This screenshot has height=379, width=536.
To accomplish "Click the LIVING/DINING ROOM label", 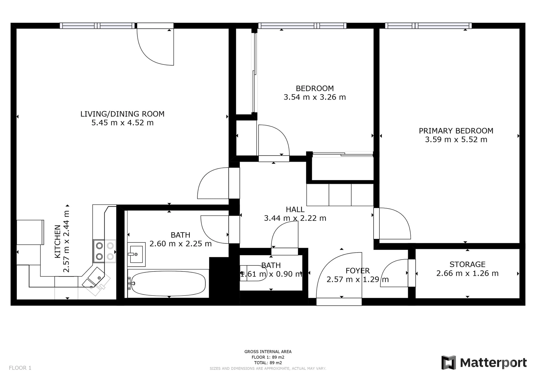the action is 122,114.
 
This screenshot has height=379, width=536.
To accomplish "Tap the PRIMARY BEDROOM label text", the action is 456,131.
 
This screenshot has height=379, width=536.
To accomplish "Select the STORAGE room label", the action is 467,264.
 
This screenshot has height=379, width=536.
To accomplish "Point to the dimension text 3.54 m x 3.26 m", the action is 315,97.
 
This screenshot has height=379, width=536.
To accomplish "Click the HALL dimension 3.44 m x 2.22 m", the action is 295,218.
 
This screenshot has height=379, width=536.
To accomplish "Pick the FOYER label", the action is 358,271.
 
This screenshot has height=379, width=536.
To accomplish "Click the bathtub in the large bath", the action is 168,284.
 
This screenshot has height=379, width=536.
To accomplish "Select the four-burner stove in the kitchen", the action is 104,251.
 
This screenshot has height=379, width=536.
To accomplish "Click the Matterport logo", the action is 484,363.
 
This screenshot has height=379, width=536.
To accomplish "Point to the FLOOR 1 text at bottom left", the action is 20,368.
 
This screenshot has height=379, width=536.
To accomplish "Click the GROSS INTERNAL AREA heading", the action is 268,352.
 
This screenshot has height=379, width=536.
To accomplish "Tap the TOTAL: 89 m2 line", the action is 268,363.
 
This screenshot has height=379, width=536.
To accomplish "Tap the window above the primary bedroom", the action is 429,26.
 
